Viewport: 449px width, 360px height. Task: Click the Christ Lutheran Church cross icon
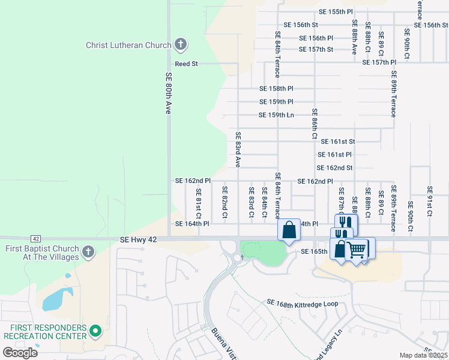pyautogui.click(x=180, y=44)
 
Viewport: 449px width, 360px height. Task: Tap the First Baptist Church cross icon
pyautogui.click(x=88, y=252)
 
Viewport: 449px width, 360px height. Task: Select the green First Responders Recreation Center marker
pyautogui.click(x=95, y=331)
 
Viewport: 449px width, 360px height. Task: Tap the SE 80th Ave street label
pyautogui.click(x=169, y=94)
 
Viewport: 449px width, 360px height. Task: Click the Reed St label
pyautogui.click(x=186, y=64)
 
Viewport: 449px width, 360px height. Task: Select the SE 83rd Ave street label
pyautogui.click(x=238, y=149)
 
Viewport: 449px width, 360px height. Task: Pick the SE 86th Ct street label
pyautogui.click(x=314, y=124)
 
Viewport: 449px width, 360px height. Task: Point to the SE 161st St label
pyautogui.click(x=338, y=142)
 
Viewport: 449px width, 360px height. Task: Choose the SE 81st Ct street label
pyautogui.click(x=198, y=203)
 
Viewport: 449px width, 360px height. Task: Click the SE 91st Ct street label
pyautogui.click(x=429, y=202)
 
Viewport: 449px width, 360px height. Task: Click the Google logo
pyautogui.click(x=20, y=353)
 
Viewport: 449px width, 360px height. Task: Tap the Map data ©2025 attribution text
pyautogui.click(x=423, y=355)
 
